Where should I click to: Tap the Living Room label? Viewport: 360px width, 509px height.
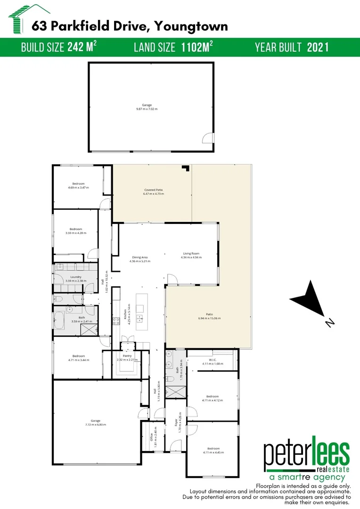pyautogui.click(x=192, y=254)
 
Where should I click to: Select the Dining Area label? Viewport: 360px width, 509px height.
pyautogui.click(x=140, y=257)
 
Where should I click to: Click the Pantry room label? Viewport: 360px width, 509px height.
pyautogui.click(x=127, y=356)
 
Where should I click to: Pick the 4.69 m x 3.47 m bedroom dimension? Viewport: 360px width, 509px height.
pyautogui.click(x=78, y=188)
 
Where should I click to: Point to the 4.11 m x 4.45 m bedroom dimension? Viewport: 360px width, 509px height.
pyautogui.click(x=213, y=452)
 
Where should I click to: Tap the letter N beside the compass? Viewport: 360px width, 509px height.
pyautogui.click(x=330, y=322)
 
